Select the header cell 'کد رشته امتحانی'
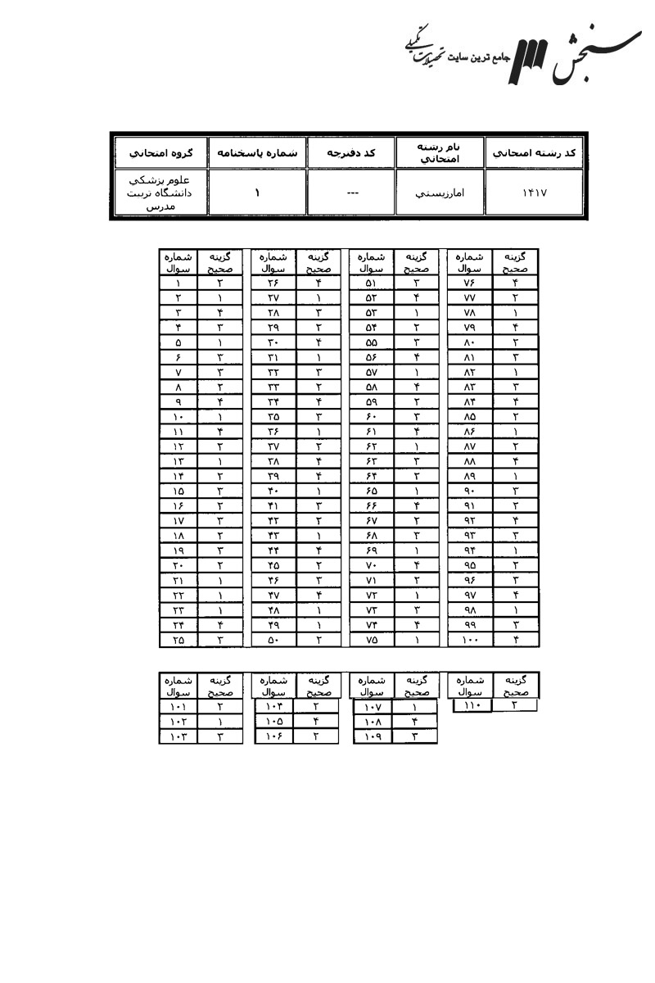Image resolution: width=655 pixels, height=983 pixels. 535,152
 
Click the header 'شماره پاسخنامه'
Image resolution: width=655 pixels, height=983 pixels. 257,152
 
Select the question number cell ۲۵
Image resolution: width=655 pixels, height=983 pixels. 178,640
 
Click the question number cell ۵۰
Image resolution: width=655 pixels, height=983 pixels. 273,640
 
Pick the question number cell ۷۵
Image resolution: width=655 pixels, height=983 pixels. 371,640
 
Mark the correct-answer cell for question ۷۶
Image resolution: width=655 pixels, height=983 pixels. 515,283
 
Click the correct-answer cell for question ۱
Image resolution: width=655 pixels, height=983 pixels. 220,283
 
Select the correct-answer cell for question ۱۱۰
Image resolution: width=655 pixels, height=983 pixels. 514,704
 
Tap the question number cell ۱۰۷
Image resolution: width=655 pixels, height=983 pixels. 372,706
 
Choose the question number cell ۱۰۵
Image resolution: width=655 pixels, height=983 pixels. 273,721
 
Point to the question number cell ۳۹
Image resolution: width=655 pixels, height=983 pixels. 273,476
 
